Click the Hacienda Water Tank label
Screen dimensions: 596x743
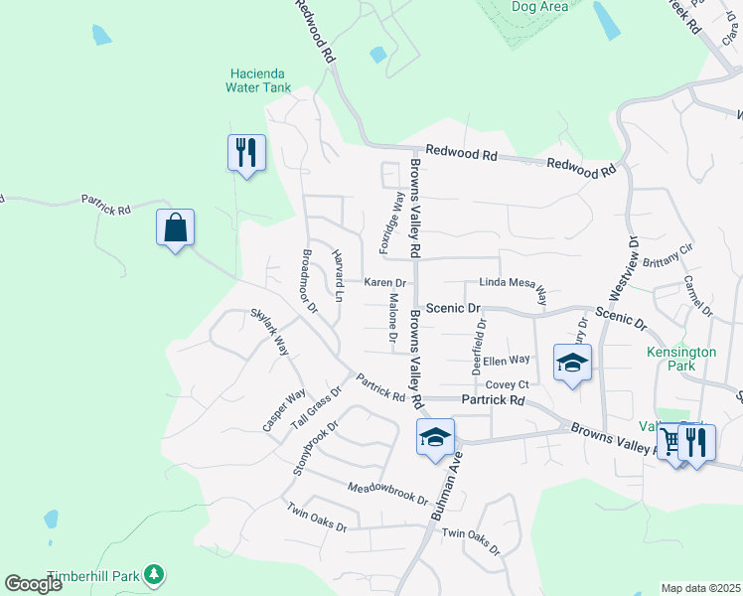tap(260, 80)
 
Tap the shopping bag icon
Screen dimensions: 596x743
tap(175, 227)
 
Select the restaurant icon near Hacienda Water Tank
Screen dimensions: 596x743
tap(246, 153)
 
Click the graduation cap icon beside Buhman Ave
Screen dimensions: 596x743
tap(435, 437)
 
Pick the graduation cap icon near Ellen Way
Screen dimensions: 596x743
tap(573, 364)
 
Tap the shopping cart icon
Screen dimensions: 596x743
tap(672, 441)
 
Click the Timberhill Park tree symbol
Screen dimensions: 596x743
tap(153, 573)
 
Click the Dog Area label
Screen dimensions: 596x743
tap(539, 7)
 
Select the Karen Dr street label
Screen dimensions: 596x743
tap(384, 283)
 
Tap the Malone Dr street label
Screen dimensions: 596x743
tap(393, 319)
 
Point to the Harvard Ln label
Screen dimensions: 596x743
tap(337, 274)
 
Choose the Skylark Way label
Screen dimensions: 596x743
tap(269, 332)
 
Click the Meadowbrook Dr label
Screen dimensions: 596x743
tap(387, 494)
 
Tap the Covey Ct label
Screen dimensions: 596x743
tap(506, 384)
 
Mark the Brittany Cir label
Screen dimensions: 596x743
tap(669, 263)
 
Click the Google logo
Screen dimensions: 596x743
tap(34, 583)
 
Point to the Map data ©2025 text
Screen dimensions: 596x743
tap(700, 588)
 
